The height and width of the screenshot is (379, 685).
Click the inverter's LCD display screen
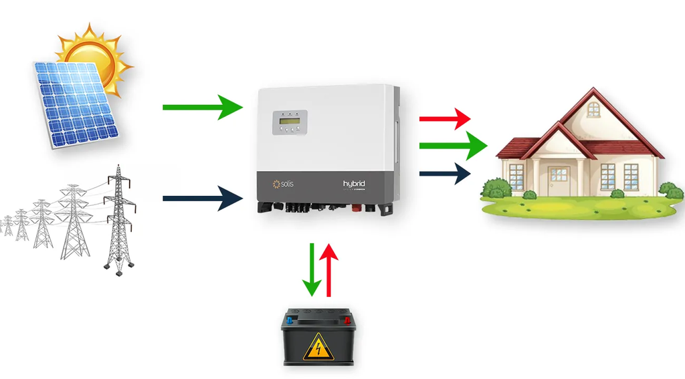click(288, 122)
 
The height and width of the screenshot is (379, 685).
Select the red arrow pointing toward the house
click(445, 119)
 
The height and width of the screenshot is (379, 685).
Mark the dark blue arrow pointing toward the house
click(445, 174)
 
